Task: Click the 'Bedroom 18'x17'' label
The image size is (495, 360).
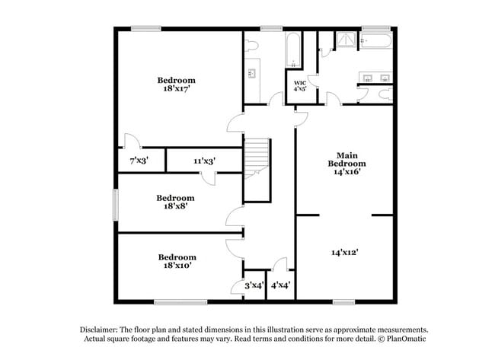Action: (x=176, y=84)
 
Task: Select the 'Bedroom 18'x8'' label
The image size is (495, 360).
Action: (x=176, y=200)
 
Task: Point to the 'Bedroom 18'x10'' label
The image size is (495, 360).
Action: (x=176, y=261)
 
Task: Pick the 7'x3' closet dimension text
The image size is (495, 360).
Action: (x=139, y=161)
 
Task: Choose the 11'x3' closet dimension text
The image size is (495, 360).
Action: (x=203, y=161)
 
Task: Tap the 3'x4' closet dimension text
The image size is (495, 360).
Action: (x=254, y=285)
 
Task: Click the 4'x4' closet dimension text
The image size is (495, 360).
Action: (x=280, y=285)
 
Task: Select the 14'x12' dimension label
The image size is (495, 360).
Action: (x=346, y=252)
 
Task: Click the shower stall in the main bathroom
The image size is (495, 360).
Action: (x=346, y=42)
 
